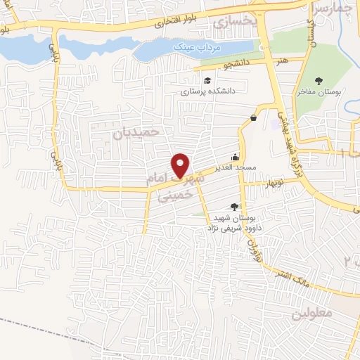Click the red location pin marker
click(181, 165)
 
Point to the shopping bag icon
click(252, 118)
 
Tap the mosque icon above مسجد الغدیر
click(236, 157)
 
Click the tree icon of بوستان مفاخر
click(319, 80)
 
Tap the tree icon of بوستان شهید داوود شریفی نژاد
click(234, 206)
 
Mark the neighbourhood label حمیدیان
click(137, 131)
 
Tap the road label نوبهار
click(271, 183)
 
